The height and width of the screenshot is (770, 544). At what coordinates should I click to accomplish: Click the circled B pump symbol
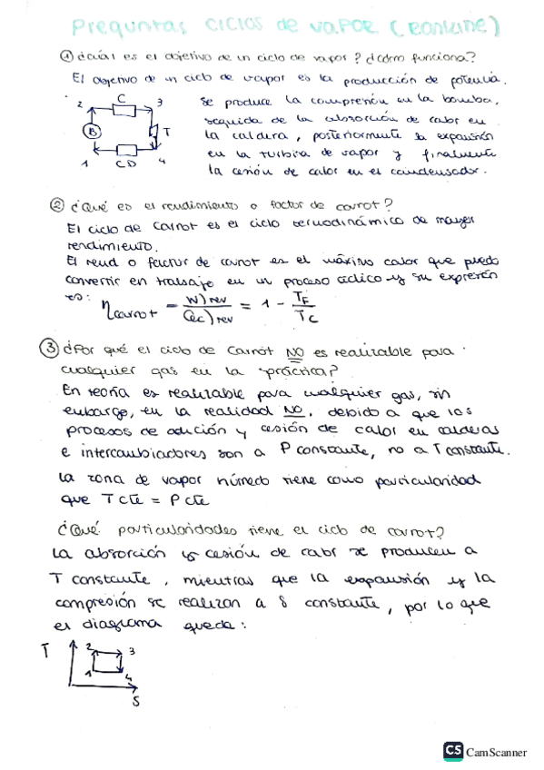(94, 132)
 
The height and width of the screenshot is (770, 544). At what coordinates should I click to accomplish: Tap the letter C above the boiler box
(122, 96)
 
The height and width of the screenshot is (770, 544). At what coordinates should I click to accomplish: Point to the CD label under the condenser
(125, 165)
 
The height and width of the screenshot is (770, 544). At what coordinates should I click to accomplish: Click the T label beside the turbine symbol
(166, 133)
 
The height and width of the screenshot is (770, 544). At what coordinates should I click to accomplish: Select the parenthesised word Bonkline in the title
(445, 29)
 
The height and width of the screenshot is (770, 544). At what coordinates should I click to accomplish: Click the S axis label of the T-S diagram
(136, 701)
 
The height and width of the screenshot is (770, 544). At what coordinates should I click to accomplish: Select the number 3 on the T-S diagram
(133, 651)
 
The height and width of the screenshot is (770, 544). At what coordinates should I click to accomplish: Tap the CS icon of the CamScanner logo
(452, 750)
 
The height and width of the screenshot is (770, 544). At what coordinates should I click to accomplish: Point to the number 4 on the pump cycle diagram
(162, 161)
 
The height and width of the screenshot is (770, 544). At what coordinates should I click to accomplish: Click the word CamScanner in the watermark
(497, 751)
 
